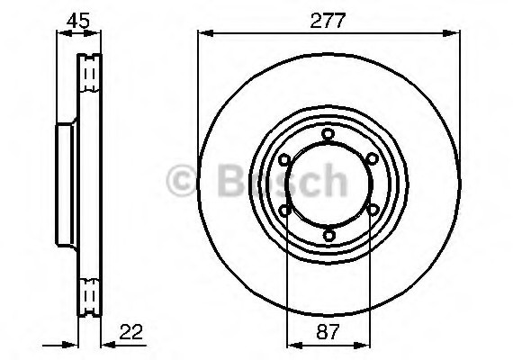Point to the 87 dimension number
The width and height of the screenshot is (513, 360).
[x=328, y=332]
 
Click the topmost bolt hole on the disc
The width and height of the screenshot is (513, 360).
[x=328, y=135]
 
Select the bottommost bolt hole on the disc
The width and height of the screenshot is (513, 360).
[x=328, y=236]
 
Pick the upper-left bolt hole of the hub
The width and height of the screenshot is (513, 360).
[x=285, y=160]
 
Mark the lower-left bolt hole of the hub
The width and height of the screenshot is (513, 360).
[x=285, y=211]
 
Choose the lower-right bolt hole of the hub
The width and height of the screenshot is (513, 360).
[x=372, y=211]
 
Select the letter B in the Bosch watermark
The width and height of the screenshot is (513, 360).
[x=227, y=181]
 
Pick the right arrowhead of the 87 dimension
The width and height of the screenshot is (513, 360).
[x=365, y=344]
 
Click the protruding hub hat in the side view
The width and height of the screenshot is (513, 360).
[x=66, y=184]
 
